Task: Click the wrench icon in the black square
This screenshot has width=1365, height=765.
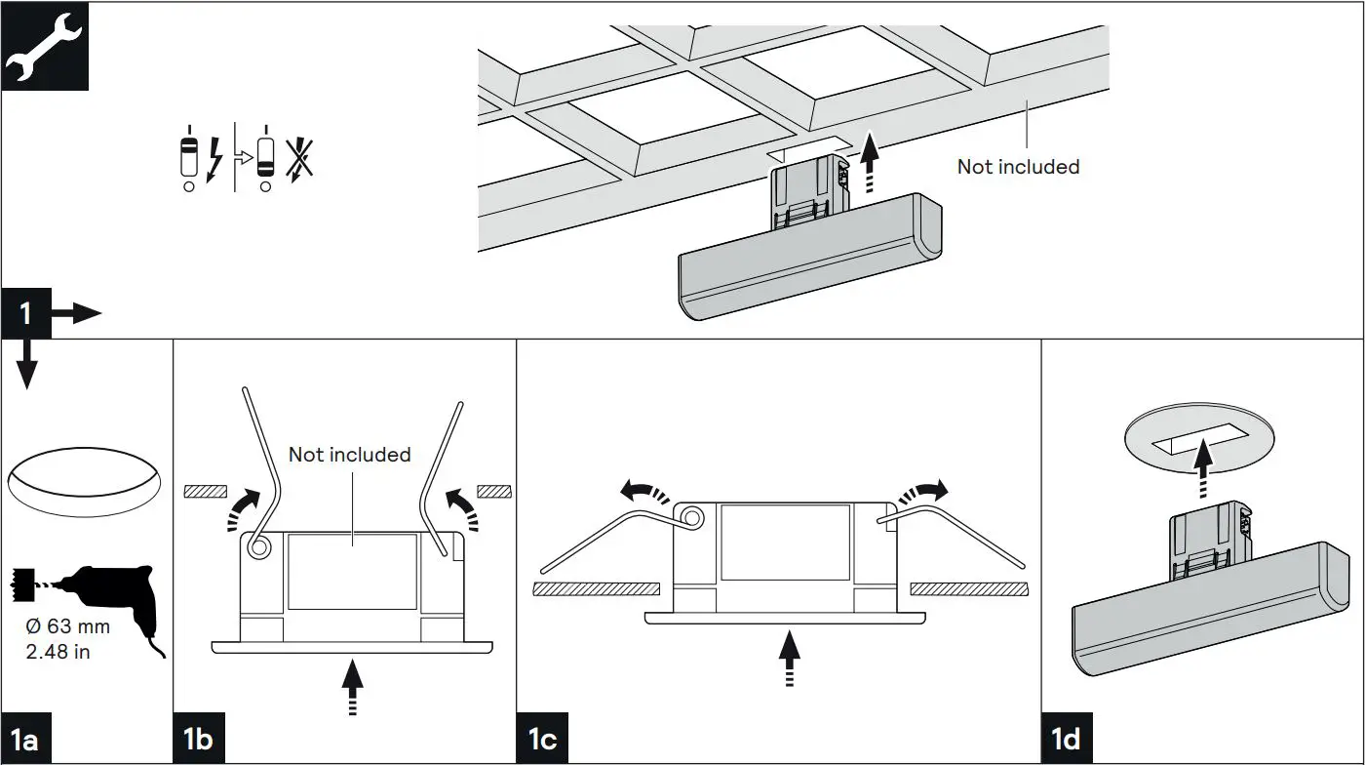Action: click(45, 46)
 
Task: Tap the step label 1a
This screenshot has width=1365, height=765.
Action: click(24, 740)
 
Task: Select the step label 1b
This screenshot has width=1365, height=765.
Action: click(198, 740)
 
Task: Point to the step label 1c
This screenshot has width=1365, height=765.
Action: click(542, 740)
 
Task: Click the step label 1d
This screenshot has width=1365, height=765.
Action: click(1067, 740)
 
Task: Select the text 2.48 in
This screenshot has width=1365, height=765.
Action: click(58, 652)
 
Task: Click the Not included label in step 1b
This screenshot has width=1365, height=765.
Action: click(349, 455)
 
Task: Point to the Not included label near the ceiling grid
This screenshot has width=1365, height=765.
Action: click(1018, 167)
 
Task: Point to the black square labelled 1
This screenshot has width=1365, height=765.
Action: click(25, 313)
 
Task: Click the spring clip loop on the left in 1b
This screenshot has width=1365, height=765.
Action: click(258, 548)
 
